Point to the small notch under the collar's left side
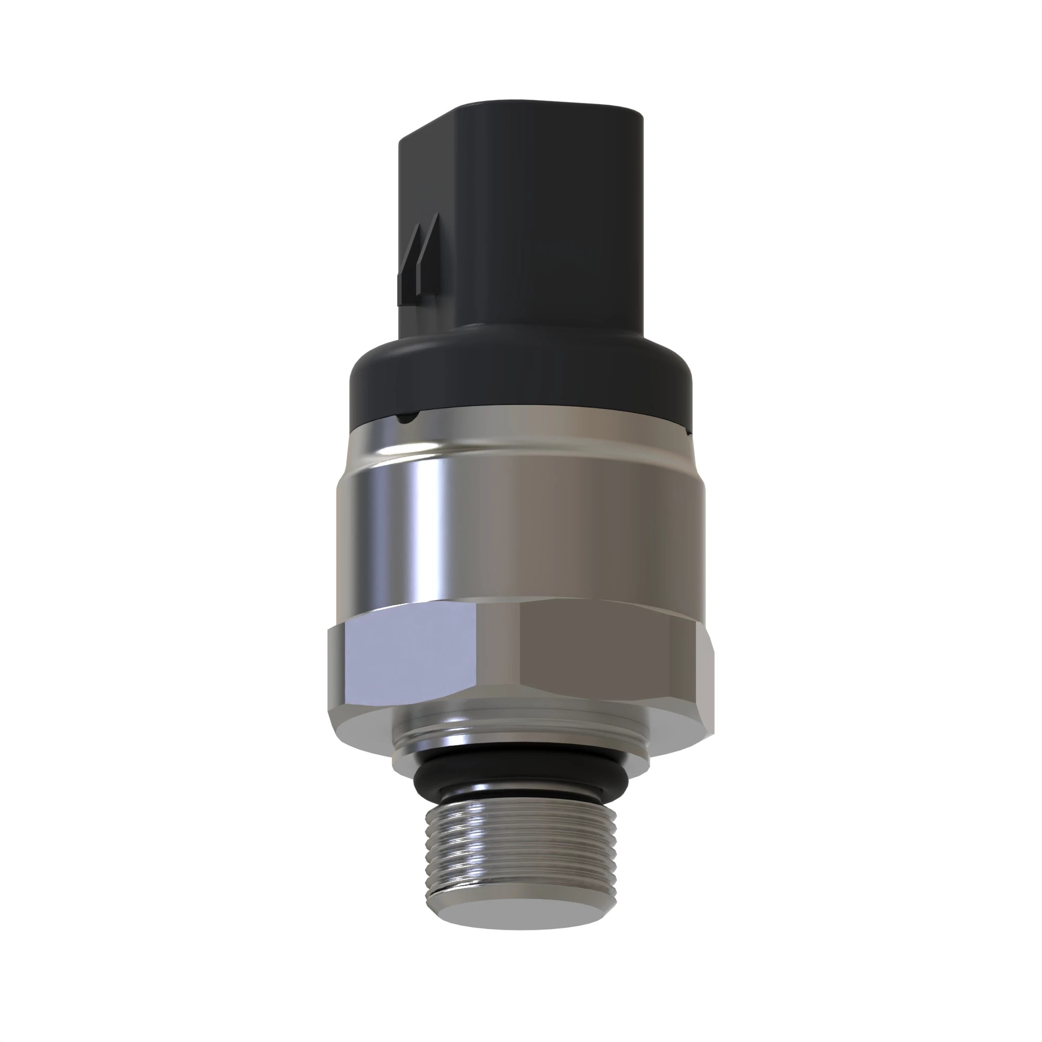[x=408, y=416]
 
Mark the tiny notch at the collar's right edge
[x=688, y=431]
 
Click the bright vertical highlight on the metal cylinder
[x=420, y=518]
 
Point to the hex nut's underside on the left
[x=362, y=725]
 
